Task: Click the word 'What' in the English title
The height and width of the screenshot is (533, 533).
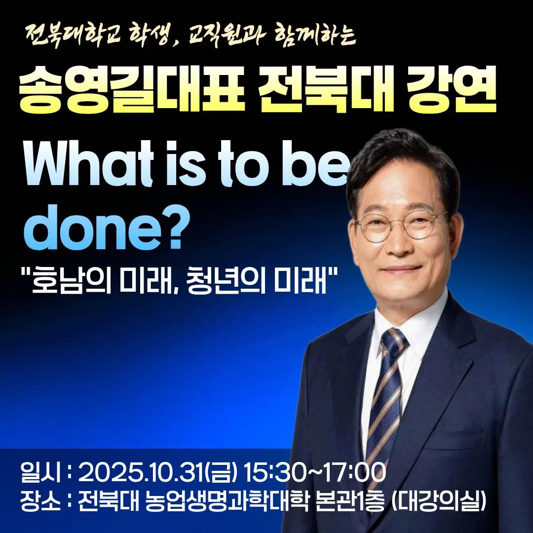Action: click(89, 163)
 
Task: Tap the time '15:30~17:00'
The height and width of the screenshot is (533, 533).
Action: click(315, 472)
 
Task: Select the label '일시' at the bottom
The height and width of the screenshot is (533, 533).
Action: click(40, 472)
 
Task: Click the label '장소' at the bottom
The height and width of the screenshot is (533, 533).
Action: click(40, 501)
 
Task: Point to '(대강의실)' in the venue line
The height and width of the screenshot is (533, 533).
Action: click(439, 501)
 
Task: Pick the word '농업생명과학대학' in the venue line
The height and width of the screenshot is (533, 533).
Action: click(227, 501)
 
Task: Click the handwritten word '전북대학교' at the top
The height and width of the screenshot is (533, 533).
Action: click(73, 35)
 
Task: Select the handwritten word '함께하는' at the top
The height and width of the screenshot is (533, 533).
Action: click(315, 35)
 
